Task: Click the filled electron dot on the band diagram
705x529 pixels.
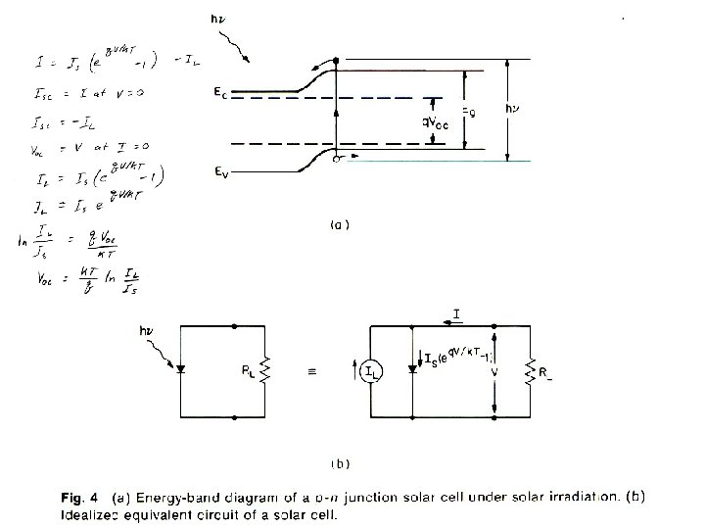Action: pyautogui.click(x=336, y=61)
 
